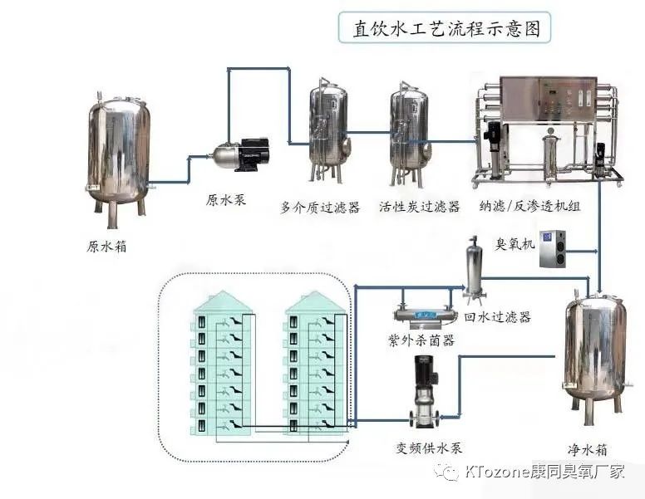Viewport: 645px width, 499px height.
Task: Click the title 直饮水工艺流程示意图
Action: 446,29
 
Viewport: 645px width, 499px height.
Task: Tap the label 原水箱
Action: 107,247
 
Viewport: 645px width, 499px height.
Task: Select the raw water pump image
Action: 242,154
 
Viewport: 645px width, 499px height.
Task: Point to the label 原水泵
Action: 226,201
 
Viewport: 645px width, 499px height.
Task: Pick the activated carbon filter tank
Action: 410,136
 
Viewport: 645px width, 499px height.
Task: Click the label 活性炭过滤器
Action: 419,207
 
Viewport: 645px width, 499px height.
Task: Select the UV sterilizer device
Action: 426,315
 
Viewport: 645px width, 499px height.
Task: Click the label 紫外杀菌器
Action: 421,340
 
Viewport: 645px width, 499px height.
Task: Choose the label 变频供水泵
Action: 428,449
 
